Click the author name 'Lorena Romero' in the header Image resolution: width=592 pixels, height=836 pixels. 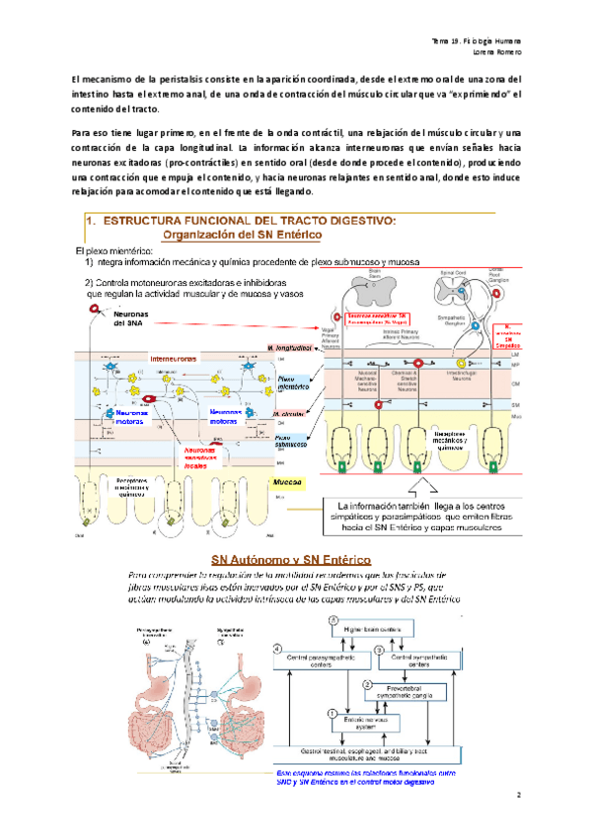[496, 52]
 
